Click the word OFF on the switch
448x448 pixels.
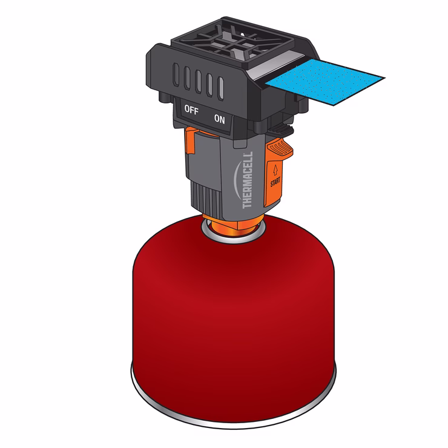pyautogui.click(x=191, y=110)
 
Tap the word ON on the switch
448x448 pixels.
pyautogui.click(x=219, y=119)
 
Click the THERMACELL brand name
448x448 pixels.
pyautogui.click(x=248, y=180)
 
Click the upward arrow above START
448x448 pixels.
pyautogui.click(x=275, y=170)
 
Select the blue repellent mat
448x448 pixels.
pyautogui.click(x=325, y=82)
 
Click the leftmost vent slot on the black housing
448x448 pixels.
pyautogui.click(x=176, y=74)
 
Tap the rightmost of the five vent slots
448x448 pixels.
pyautogui.click(x=220, y=88)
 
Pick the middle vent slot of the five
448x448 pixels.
pyautogui.click(x=199, y=81)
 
